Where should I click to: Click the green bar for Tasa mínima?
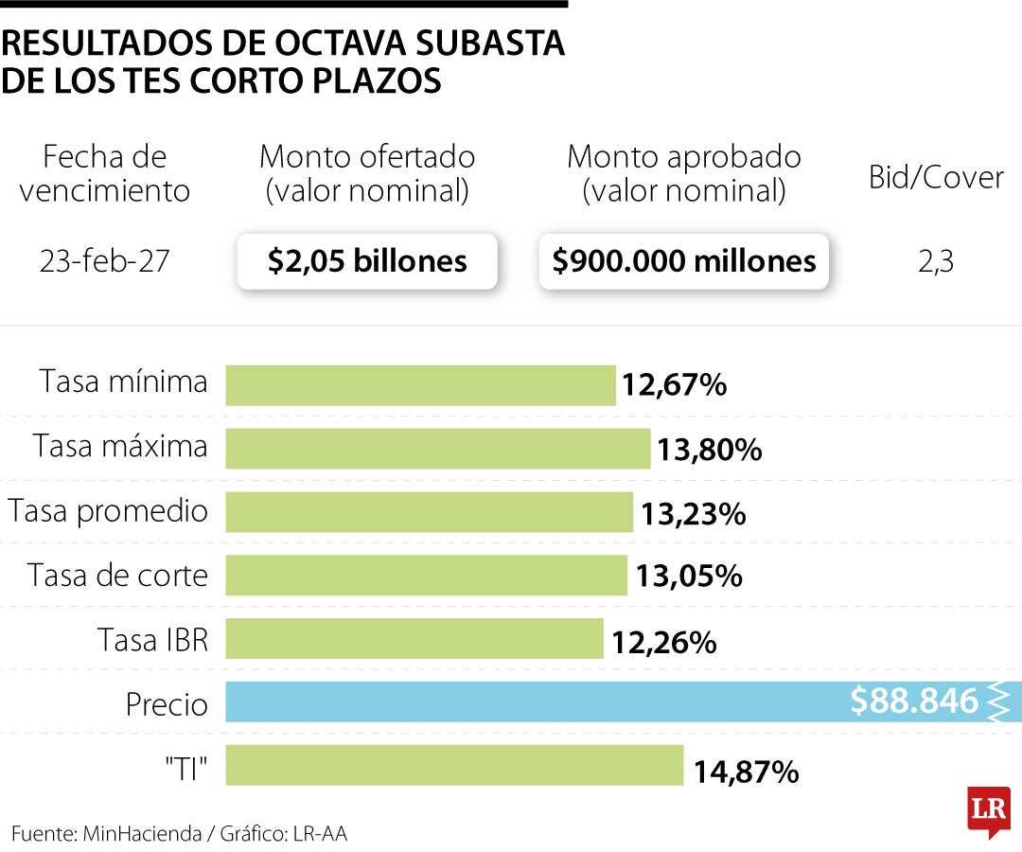coord(420,385)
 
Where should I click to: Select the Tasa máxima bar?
coord(437,449)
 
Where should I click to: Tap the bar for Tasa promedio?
coord(429,512)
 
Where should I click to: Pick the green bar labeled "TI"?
coord(454,766)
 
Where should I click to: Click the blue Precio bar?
coord(530,702)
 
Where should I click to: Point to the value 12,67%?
coord(674,386)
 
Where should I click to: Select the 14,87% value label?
coord(746,772)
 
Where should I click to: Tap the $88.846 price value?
coord(913,701)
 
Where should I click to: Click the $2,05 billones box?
coord(367,261)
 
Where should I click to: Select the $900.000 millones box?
coord(684,261)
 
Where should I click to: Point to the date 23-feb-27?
coord(104,261)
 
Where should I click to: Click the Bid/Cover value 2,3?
coord(936,262)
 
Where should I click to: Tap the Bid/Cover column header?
coord(936,177)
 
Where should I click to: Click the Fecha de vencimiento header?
coord(104,173)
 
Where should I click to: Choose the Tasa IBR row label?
coord(152,640)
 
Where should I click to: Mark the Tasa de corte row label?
coord(117,576)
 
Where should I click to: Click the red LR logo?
coord(988,810)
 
